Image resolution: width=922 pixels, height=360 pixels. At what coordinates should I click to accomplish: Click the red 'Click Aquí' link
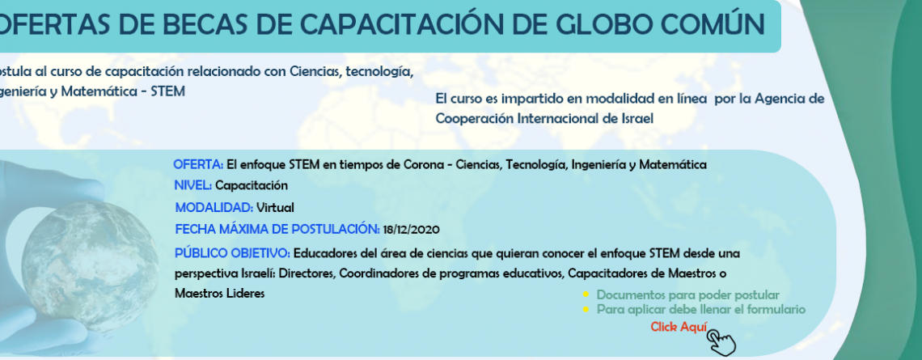[x=679, y=328]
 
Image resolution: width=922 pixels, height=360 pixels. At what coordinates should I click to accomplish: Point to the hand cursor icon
[x=721, y=341]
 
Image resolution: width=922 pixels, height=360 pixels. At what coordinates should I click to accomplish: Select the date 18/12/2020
[x=411, y=230]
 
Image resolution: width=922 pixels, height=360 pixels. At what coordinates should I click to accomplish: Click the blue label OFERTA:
[x=198, y=165]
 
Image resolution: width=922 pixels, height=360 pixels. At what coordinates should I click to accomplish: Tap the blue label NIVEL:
[x=192, y=186]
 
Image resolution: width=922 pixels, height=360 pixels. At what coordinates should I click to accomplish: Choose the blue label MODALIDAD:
[x=214, y=208]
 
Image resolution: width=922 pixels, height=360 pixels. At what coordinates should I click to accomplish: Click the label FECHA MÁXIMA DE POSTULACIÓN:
[x=277, y=230]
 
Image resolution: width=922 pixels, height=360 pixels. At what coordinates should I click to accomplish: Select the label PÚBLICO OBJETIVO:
[x=232, y=253]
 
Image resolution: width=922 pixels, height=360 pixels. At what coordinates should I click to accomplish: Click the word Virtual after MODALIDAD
[x=275, y=208]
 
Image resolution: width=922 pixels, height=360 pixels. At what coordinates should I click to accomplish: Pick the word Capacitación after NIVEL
[x=252, y=186]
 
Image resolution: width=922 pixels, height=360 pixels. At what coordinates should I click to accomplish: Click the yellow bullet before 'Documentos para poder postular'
[x=586, y=295]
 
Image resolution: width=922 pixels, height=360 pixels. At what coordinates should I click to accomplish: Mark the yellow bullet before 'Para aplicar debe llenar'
[x=586, y=309]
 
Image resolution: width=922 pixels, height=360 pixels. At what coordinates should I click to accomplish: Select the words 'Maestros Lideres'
[x=219, y=294]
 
